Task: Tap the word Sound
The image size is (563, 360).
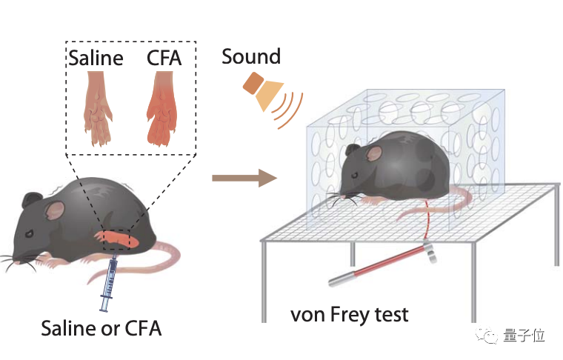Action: click(x=251, y=56)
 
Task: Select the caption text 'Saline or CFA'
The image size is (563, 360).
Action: click(x=101, y=328)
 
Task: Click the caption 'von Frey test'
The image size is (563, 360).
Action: click(x=349, y=314)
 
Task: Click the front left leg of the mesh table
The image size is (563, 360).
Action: click(x=264, y=281)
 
